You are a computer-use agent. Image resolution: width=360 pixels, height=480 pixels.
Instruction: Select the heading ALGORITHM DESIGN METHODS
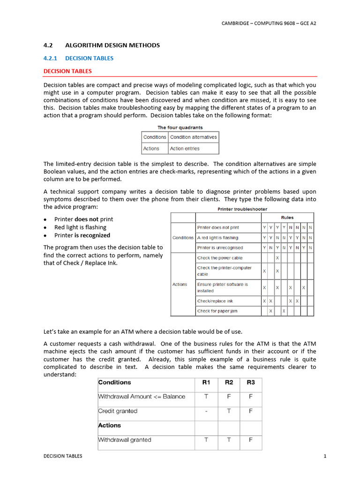pyautogui.click(x=112, y=45)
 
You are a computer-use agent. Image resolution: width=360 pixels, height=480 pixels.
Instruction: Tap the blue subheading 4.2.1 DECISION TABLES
pyautogui.click(x=78, y=58)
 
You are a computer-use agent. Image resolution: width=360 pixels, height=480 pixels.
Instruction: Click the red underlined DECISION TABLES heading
pyautogui.click(x=67, y=71)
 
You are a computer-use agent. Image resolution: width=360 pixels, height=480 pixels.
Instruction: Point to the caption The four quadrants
pyautogui.click(x=180, y=127)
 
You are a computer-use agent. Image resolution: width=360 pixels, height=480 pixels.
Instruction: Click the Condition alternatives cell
pyautogui.click(x=193, y=137)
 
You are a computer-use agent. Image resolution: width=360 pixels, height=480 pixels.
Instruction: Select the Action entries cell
pyautogui.click(x=185, y=149)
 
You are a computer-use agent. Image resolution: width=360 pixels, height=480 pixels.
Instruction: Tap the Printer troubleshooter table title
pyautogui.click(x=242, y=209)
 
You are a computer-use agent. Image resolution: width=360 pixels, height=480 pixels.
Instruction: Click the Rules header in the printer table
pyautogui.click(x=287, y=217)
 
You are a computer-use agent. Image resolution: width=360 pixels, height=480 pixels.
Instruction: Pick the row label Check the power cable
pyautogui.click(x=220, y=258)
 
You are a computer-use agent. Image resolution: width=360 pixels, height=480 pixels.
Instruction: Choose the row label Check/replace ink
pyautogui.click(x=215, y=301)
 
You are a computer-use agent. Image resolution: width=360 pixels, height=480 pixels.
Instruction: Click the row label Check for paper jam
pyautogui.click(x=217, y=311)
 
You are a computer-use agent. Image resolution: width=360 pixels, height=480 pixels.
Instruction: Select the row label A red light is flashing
pyautogui.click(x=217, y=238)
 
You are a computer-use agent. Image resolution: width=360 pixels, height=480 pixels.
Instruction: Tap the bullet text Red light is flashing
pyautogui.click(x=80, y=227)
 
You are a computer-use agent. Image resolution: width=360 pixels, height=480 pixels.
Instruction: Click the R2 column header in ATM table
pyautogui.click(x=229, y=382)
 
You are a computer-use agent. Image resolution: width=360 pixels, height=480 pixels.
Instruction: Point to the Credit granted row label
pyautogui.click(x=118, y=411)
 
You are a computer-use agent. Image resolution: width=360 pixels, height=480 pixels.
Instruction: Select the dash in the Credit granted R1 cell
pyautogui.click(x=206, y=411)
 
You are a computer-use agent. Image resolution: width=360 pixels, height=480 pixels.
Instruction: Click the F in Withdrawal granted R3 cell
pyautogui.click(x=251, y=440)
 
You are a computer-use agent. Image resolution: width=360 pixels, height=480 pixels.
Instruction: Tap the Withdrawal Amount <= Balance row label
pyautogui.click(x=142, y=397)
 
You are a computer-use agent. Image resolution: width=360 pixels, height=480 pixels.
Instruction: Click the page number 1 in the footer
pyautogui.click(x=324, y=456)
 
